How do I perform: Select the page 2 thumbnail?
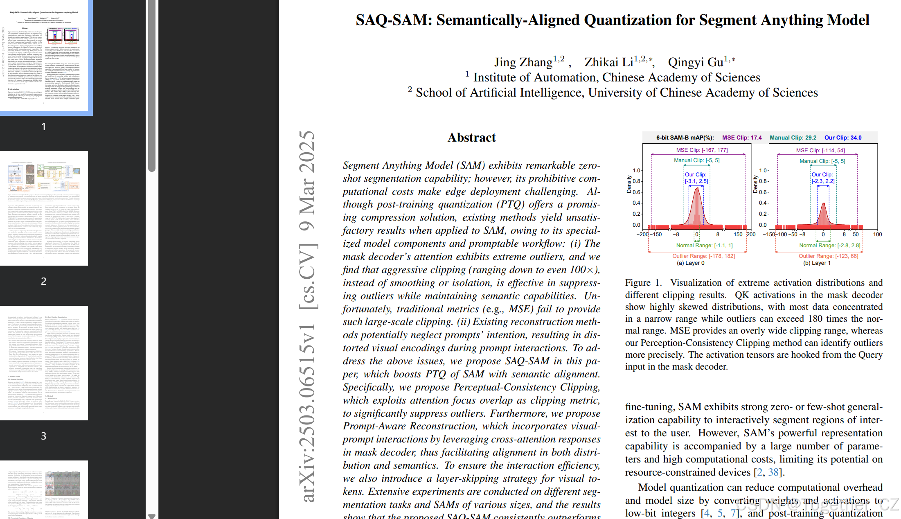[x=44, y=208]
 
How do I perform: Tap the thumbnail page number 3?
[x=44, y=436]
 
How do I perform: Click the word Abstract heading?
[x=471, y=138]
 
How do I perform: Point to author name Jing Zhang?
[x=523, y=62]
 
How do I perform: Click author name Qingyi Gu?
[x=696, y=62]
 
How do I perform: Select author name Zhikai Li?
[x=609, y=62]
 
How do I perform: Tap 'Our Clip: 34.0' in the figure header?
[x=843, y=138]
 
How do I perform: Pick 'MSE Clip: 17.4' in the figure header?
[x=742, y=138]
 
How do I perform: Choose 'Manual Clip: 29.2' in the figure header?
[x=793, y=138]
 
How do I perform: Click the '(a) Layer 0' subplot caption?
[x=691, y=263]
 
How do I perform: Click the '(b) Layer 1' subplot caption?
[x=817, y=263]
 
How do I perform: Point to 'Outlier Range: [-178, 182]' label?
[x=704, y=256]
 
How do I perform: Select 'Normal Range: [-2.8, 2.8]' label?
[x=830, y=245]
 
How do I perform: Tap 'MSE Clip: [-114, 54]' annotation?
[x=820, y=150]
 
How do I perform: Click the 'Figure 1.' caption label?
[x=643, y=283]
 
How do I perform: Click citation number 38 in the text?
[x=773, y=472]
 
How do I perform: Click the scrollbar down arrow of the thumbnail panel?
[x=152, y=516]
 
